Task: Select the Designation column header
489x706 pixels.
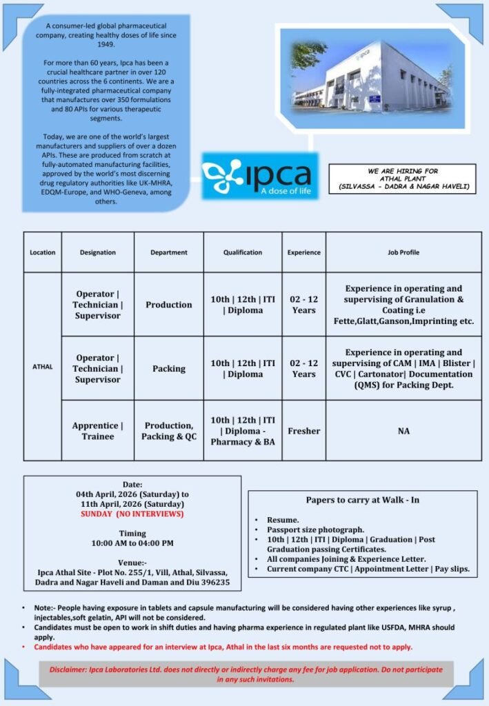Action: click(x=97, y=252)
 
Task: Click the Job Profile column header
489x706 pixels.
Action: click(x=403, y=252)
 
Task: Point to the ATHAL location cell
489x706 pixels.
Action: click(x=42, y=367)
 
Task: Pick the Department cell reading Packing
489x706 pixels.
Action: click(x=169, y=368)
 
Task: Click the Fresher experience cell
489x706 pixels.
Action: click(x=303, y=431)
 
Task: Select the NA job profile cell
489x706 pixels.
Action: click(x=403, y=431)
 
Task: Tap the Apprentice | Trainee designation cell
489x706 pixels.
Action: click(x=97, y=431)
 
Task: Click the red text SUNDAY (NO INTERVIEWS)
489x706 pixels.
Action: click(x=132, y=514)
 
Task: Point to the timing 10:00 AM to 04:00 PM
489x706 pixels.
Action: click(x=132, y=543)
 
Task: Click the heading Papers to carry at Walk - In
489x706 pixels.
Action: click(x=362, y=500)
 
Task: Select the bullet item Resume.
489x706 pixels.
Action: click(x=283, y=520)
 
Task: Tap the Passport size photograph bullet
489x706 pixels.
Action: click(x=315, y=529)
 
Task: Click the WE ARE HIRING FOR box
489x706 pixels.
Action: click(x=403, y=179)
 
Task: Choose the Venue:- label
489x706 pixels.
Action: click(x=132, y=562)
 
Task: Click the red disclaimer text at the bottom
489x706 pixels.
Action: click(x=246, y=674)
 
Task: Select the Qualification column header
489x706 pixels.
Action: click(x=242, y=252)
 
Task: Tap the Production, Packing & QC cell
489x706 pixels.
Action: click(x=169, y=431)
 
